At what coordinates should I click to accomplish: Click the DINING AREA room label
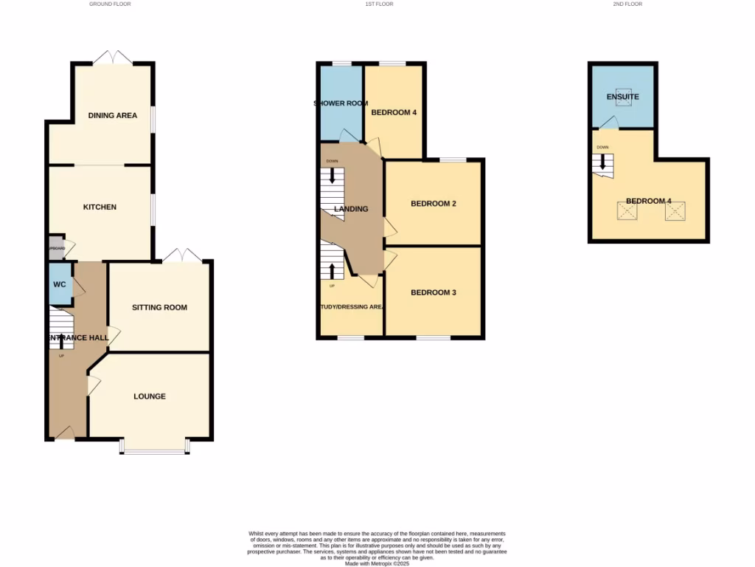tap(112, 115)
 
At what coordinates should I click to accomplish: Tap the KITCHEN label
tap(100, 207)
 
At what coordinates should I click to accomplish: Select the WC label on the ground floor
tap(59, 284)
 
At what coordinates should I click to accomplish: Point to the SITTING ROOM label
tap(159, 307)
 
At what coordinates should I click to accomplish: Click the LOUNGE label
tap(150, 396)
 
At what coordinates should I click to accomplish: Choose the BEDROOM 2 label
tap(434, 203)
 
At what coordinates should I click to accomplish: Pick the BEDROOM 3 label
tap(434, 292)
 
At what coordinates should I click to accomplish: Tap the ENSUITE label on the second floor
tap(622, 97)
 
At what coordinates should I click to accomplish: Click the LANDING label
tap(351, 209)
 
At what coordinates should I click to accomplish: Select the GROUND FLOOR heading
tap(110, 4)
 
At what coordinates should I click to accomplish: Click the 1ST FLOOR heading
tap(379, 4)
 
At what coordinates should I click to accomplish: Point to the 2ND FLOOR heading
tap(627, 4)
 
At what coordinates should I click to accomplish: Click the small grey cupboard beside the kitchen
tap(56, 247)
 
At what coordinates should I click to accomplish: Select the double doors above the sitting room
tap(182, 255)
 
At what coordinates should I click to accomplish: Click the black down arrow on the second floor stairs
tap(602, 161)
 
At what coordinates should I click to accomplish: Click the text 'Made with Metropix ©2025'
tap(377, 563)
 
